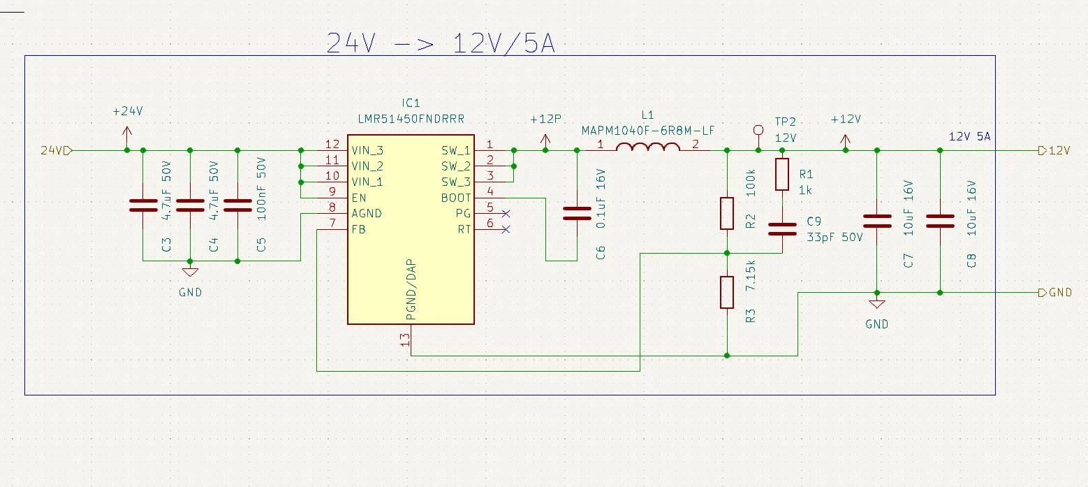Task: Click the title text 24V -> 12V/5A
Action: [x=441, y=43]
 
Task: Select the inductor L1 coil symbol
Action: [x=648, y=147]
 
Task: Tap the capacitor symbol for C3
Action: [x=143, y=205]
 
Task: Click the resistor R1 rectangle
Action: [x=782, y=174]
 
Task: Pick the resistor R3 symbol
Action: [x=727, y=292]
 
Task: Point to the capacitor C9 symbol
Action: [x=783, y=229]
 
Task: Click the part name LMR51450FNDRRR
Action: [x=411, y=119]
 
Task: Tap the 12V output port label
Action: [x=1054, y=151]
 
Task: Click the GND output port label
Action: [x=1055, y=293]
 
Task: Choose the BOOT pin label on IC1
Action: [x=456, y=198]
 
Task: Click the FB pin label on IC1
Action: [x=358, y=229]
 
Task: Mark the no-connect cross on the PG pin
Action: [x=506, y=213]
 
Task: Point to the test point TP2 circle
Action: [x=758, y=130]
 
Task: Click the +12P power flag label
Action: [x=545, y=119]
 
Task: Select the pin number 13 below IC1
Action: [x=405, y=340]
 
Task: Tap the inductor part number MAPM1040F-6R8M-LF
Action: [x=648, y=131]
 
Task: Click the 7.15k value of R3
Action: [x=751, y=275]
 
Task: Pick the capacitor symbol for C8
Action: [x=941, y=221]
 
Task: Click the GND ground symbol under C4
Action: [x=190, y=272]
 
